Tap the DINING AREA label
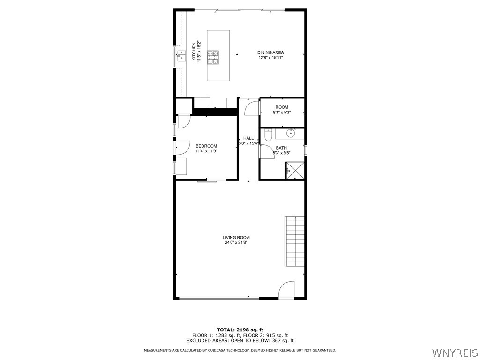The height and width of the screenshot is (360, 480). [270, 52]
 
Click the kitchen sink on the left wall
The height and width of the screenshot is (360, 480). [181, 58]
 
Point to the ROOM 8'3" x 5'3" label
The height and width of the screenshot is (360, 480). [282, 107]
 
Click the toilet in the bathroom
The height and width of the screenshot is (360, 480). [268, 135]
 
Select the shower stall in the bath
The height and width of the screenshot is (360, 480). [295, 170]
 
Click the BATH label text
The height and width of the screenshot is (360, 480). [281, 148]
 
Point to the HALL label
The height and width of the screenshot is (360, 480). [248, 138]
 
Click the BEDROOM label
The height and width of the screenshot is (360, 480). [206, 146]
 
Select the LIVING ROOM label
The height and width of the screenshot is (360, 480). [236, 238]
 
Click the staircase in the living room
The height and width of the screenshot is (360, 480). [295, 240]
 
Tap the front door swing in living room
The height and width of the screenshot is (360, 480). [286, 290]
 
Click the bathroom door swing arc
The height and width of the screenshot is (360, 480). [267, 152]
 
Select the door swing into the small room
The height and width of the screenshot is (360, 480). [252, 107]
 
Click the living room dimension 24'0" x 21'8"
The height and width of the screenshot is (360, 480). [236, 243]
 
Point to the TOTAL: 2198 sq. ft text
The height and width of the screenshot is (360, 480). [240, 330]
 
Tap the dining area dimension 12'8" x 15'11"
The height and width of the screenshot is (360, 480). [270, 58]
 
